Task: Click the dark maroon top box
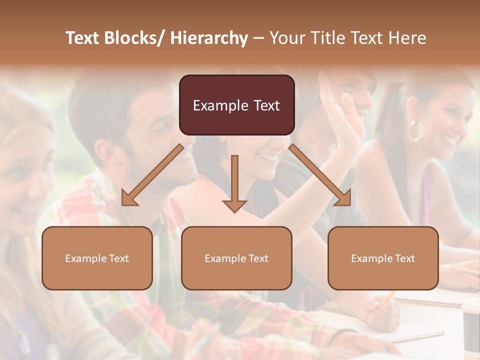pyautogui.click(x=236, y=105)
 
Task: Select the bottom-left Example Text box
pyautogui.click(x=97, y=258)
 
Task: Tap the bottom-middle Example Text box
pyautogui.click(x=236, y=258)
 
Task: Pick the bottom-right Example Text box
pyautogui.click(x=383, y=258)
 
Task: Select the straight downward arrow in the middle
pyautogui.click(x=234, y=183)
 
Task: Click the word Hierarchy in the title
pyautogui.click(x=209, y=38)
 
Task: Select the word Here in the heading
pyautogui.click(x=407, y=38)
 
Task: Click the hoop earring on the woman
pyautogui.click(x=414, y=130)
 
